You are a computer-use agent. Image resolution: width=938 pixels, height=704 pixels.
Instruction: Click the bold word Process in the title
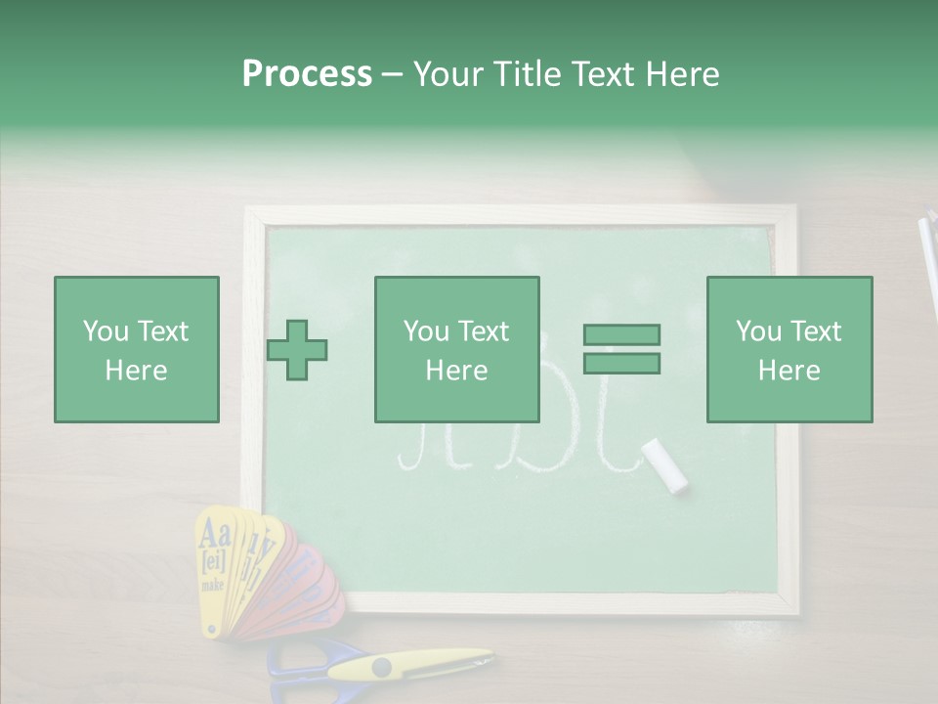click(307, 73)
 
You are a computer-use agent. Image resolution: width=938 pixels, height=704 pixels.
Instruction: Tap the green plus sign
click(297, 349)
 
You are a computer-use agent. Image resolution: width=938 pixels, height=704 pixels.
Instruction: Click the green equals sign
click(621, 349)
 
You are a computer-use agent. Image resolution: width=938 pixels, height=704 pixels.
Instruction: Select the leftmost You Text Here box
click(136, 349)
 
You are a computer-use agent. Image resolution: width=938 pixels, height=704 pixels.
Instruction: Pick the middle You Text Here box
click(456, 349)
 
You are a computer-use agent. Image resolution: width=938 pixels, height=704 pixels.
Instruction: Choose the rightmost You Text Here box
click(789, 349)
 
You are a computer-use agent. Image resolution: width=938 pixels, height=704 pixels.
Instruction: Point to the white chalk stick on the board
click(664, 464)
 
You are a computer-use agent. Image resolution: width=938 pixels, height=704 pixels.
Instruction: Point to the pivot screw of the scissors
click(381, 668)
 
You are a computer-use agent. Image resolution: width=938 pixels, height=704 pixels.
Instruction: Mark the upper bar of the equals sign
click(621, 334)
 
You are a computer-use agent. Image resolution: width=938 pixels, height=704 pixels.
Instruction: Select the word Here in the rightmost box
click(789, 370)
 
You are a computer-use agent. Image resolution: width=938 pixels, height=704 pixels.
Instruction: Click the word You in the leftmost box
click(105, 331)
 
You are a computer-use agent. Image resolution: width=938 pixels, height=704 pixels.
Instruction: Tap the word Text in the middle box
click(483, 331)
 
